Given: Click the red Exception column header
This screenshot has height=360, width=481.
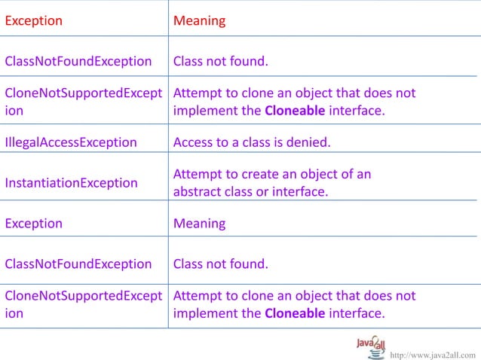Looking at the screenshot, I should pyautogui.click(x=33, y=21).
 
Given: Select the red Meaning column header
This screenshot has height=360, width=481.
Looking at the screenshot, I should pyautogui.click(x=199, y=21).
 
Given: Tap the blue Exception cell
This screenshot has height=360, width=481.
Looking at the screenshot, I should pyautogui.click(x=33, y=224).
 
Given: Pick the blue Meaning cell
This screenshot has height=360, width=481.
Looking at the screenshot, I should pyautogui.click(x=199, y=224).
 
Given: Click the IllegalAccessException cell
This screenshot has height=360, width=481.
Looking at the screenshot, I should pyautogui.click(x=71, y=142).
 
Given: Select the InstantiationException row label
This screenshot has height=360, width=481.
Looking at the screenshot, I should pyautogui.click(x=71, y=183).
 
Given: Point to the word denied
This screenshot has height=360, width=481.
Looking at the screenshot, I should pyautogui.click(x=311, y=142).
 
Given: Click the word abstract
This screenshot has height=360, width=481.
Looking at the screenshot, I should pyautogui.click(x=199, y=191).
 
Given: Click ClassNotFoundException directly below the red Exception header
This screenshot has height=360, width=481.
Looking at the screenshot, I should pyautogui.click(x=78, y=61).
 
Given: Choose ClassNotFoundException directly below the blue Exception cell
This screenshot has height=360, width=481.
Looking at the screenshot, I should pyautogui.click(x=78, y=264).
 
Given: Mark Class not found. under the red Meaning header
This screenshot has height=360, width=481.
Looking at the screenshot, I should pyautogui.click(x=220, y=61).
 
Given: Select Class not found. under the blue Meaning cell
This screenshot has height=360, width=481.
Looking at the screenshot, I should pyautogui.click(x=220, y=264).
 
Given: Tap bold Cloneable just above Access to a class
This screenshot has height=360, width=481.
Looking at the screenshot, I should pyautogui.click(x=296, y=110).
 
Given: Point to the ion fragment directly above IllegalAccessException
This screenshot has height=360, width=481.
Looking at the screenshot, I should pyautogui.click(x=14, y=110).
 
